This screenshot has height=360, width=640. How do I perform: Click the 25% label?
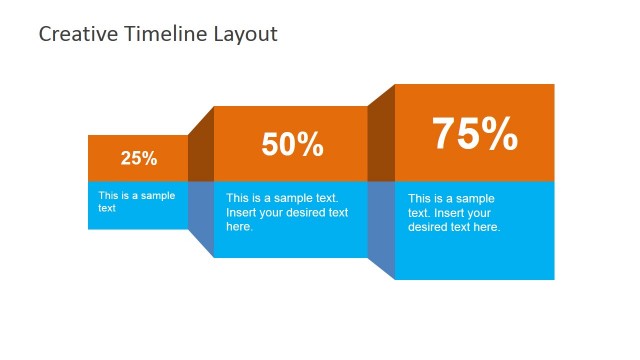click(x=139, y=158)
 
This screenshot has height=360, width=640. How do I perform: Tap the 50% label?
click(x=292, y=145)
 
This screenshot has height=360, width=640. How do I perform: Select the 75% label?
click(x=474, y=134)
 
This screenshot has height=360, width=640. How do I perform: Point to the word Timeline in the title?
click(x=164, y=34)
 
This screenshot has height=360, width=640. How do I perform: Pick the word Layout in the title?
click(x=246, y=34)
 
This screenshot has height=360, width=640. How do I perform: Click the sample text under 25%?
click(x=136, y=202)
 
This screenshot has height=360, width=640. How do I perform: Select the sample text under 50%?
click(x=287, y=212)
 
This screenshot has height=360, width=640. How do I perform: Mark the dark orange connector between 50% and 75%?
click(x=382, y=135)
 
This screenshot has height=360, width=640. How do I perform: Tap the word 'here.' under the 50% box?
click(x=239, y=226)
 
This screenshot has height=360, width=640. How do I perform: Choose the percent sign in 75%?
click(x=501, y=134)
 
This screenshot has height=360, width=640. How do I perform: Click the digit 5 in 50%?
click(x=272, y=145)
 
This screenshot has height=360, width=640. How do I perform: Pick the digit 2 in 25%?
click(x=127, y=158)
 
